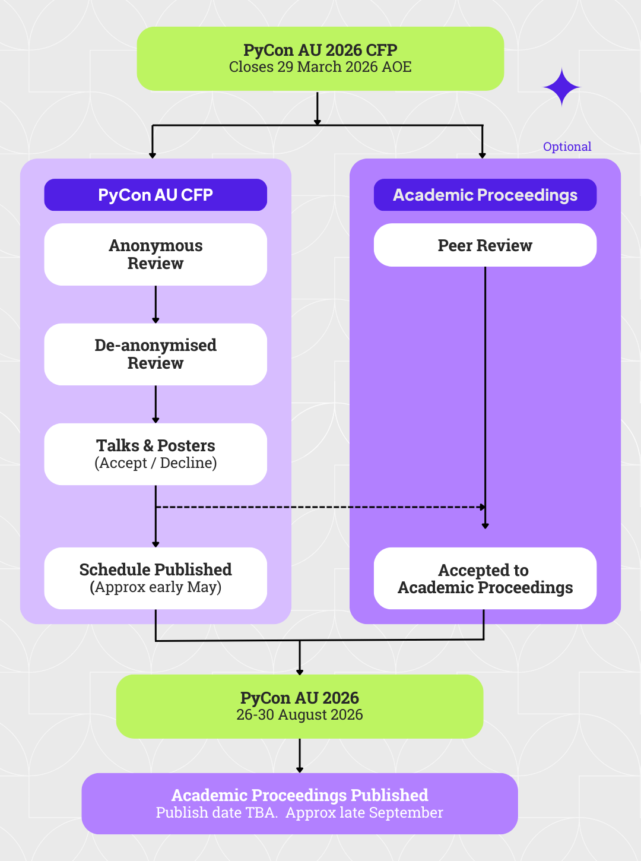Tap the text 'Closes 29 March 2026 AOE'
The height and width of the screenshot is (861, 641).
pyautogui.click(x=320, y=67)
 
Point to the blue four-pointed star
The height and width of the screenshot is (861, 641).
pyautogui.click(x=561, y=87)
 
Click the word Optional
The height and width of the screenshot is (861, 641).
pyautogui.click(x=567, y=147)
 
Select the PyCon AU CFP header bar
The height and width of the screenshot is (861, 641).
pyautogui.click(x=156, y=195)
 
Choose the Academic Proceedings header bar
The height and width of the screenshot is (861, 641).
pyautogui.click(x=485, y=195)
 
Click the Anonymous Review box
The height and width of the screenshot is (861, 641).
pyautogui.click(x=156, y=254)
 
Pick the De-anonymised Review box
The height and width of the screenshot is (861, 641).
pyautogui.click(x=156, y=354)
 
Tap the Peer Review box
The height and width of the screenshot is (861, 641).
pyautogui.click(x=485, y=245)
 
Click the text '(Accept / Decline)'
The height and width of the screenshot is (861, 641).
pyautogui.click(x=156, y=463)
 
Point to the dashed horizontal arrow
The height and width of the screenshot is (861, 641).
pyautogui.click(x=320, y=507)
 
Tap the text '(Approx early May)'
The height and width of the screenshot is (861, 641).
pyautogui.click(x=156, y=587)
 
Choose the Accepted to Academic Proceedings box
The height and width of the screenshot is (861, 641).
pyautogui.click(x=485, y=578)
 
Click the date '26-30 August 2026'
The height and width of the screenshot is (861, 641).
pyautogui.click(x=299, y=715)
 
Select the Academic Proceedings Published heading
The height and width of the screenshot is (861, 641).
pyautogui.click(x=299, y=795)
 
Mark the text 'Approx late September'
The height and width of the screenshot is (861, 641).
pyautogui.click(x=364, y=813)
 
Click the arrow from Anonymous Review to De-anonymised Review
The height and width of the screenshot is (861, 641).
pyautogui.click(x=156, y=305)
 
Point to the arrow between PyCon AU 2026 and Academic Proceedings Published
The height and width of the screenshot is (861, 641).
pyautogui.click(x=300, y=755)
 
